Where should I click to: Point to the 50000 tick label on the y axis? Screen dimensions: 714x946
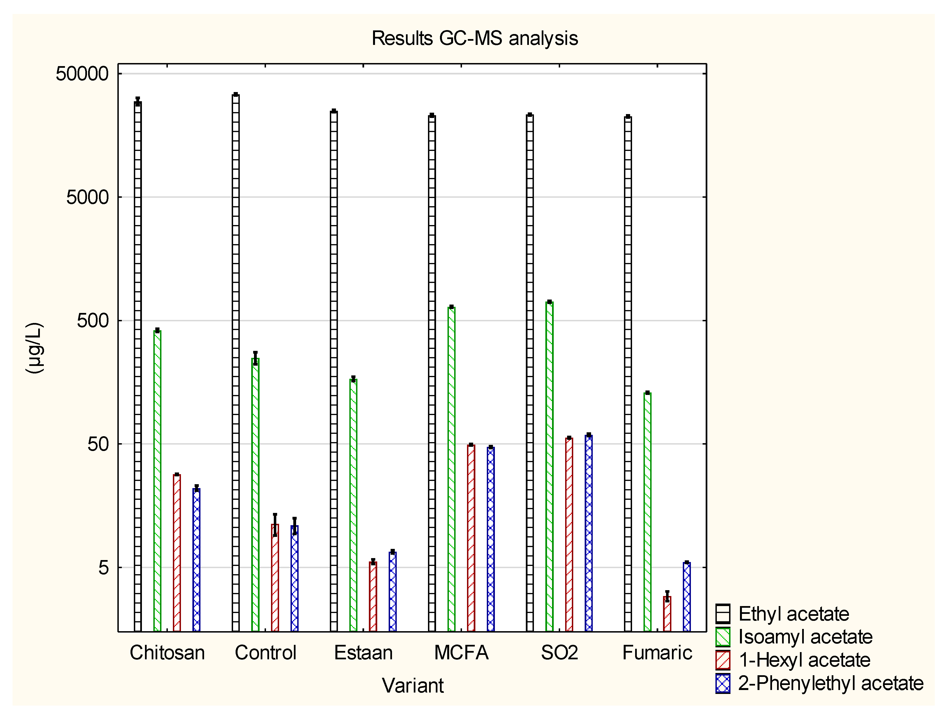click(82, 74)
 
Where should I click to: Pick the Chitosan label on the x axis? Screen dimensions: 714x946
click(167, 653)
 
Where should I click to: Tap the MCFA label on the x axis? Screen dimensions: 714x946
click(461, 653)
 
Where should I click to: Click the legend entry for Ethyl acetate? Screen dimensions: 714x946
click(793, 614)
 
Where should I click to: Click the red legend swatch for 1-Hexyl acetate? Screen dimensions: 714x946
click(723, 660)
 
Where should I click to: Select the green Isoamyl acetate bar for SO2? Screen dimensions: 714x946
click(550, 466)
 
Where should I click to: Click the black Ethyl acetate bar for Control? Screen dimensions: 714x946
click(236, 364)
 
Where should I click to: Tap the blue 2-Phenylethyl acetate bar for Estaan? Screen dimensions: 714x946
click(393, 592)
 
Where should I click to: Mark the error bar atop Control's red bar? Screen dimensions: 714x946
click(275, 525)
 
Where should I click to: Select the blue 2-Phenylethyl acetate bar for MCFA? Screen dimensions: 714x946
click(490, 539)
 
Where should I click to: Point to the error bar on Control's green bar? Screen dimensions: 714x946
click(255, 358)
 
